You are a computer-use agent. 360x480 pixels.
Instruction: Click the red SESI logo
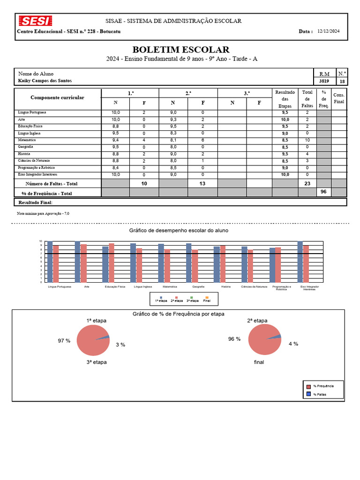[x=35, y=21]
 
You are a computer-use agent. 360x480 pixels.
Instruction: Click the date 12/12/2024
[x=329, y=31]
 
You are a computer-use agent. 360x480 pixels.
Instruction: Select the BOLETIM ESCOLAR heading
[x=181, y=50]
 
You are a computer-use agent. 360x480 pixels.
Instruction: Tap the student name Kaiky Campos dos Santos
[x=45, y=81]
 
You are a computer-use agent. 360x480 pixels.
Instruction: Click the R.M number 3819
[x=324, y=81]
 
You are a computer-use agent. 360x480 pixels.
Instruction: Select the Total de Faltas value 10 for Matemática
[x=307, y=140]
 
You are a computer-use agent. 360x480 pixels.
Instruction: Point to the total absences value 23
[x=307, y=184]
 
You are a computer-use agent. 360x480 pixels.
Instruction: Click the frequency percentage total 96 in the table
[x=323, y=192]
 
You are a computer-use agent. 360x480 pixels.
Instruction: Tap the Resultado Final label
[x=35, y=202]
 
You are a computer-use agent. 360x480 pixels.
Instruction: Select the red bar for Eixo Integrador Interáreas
[x=306, y=263]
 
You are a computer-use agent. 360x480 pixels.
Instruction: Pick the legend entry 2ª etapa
[x=177, y=300]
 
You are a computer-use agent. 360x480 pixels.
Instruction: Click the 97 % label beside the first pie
[x=64, y=341]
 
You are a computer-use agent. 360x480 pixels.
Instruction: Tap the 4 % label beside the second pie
[x=293, y=344]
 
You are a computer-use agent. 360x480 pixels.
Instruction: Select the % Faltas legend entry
[x=320, y=394]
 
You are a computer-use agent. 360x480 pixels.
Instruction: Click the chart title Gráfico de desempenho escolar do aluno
[x=179, y=231]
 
